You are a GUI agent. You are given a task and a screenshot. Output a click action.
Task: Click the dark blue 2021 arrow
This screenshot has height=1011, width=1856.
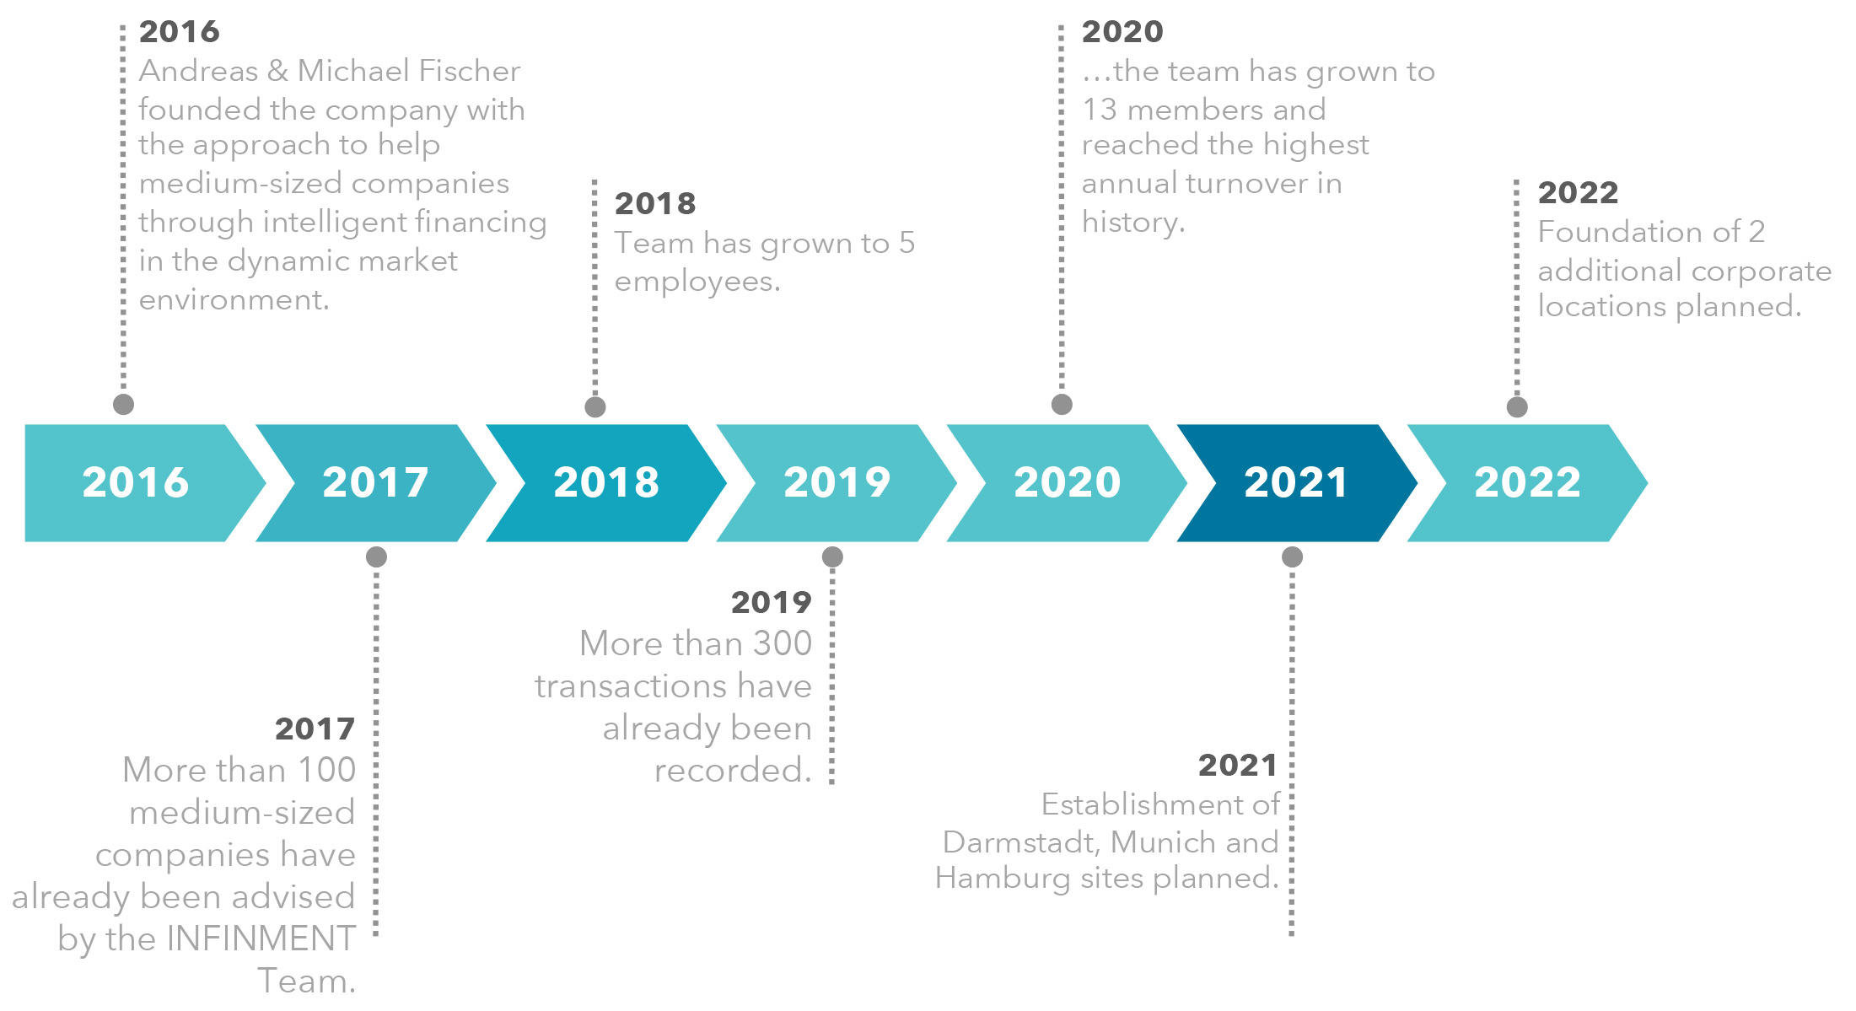1297,482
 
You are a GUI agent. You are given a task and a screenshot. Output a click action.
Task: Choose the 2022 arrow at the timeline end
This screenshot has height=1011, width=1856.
1527,482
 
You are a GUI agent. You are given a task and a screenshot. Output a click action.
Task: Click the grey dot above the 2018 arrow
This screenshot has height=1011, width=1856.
595,407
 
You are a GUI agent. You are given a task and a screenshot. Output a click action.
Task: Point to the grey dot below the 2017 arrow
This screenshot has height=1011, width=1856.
376,557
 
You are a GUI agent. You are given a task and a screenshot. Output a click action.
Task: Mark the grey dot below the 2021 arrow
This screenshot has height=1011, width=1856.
1292,557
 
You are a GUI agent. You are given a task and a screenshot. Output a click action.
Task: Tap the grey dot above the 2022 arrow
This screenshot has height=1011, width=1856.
1517,407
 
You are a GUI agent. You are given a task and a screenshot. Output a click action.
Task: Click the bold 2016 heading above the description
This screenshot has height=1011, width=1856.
179,32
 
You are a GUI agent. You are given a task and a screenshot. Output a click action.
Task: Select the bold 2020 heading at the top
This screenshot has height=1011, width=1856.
1122,32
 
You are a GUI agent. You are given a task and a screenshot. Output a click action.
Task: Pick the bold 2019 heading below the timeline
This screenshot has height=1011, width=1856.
772,603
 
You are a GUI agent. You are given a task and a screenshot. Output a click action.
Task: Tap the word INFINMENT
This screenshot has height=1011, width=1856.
261,938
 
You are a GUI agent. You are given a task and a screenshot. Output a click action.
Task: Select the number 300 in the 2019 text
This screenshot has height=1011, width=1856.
783,643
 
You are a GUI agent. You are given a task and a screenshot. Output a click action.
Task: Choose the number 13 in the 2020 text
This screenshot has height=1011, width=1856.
1099,110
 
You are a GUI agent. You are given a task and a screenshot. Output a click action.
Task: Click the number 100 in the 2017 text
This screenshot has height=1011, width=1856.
326,770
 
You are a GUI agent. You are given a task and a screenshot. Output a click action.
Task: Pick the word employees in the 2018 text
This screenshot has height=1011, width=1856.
697,282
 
